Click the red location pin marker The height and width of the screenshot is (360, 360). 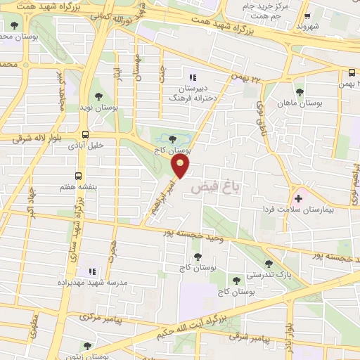coord(181,165)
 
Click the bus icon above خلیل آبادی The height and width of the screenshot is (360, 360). coord(85,134)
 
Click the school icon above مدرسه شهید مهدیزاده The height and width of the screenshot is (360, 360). coord(90,271)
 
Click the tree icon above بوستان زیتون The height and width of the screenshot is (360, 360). coord(87,345)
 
